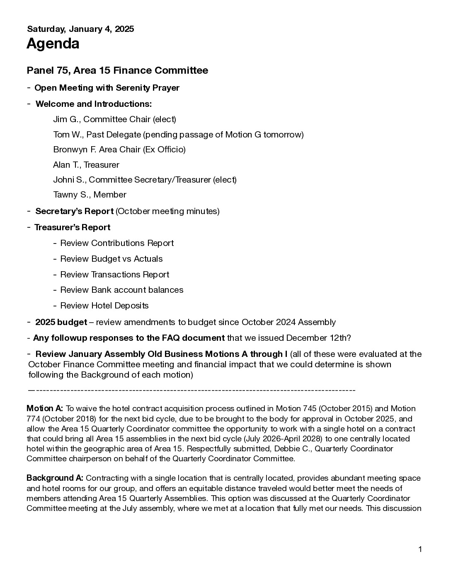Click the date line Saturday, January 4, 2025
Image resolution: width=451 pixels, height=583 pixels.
click(80, 29)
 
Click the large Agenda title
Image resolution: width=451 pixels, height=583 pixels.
click(53, 43)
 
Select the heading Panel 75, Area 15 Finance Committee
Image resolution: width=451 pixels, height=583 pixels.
click(117, 70)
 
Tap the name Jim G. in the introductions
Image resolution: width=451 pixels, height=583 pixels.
click(66, 119)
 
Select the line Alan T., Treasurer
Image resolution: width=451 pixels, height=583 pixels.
click(86, 165)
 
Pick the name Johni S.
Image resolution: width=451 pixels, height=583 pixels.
click(69, 180)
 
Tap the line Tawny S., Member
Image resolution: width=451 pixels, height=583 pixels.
click(90, 195)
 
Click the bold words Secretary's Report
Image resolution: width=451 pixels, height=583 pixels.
click(74, 211)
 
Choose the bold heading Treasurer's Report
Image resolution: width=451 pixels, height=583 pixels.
click(72, 227)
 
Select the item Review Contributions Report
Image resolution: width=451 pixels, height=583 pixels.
click(117, 243)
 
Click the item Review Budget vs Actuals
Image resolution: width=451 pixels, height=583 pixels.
click(112, 259)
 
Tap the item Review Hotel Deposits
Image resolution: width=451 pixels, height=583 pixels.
click(104, 306)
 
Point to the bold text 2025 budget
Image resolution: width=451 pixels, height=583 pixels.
click(61, 322)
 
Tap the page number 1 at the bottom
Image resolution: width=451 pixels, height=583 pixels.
click(420, 549)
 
